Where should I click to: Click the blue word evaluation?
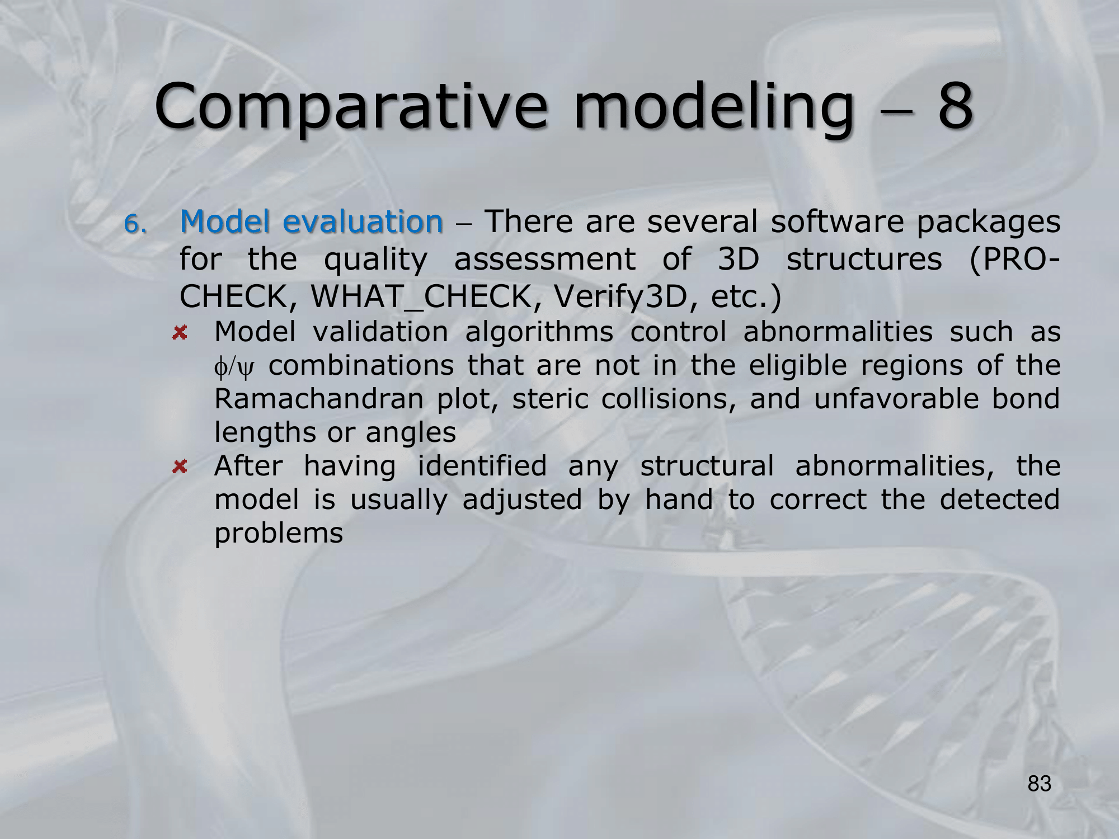click(x=363, y=221)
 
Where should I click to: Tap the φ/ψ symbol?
click(x=234, y=367)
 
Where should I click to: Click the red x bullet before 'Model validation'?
click(x=179, y=333)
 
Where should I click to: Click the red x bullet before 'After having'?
click(x=179, y=466)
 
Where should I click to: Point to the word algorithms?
click(x=539, y=332)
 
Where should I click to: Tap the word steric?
click(x=551, y=399)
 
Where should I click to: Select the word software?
click(x=837, y=221)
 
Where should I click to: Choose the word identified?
click(x=482, y=466)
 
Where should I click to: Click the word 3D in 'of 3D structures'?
click(x=737, y=260)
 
